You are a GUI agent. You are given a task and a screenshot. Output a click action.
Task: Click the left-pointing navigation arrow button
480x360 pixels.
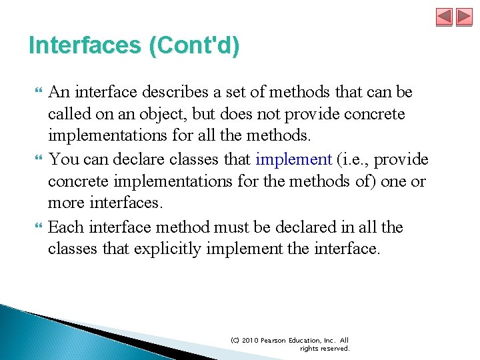click(444, 17)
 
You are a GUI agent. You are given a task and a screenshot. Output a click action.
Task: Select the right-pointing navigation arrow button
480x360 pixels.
click(464, 17)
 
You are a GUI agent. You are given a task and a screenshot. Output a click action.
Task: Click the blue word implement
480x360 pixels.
click(293, 159)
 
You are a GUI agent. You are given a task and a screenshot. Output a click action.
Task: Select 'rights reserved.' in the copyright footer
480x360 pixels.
click(324, 348)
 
